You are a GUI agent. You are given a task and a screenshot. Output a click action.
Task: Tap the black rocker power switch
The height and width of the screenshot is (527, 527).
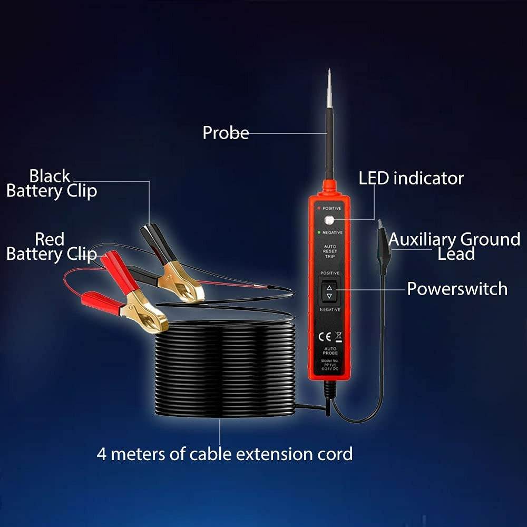pos(329,291)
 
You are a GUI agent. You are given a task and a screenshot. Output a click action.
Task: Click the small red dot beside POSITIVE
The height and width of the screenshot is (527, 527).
pos(318,208)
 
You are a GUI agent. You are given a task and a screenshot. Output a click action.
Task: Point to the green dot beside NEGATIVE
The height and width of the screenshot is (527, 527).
pos(318,232)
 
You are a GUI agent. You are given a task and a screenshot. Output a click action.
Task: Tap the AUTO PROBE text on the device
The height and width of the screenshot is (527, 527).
pos(330,351)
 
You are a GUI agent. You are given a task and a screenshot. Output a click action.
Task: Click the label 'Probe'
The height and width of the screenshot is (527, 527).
pos(226,133)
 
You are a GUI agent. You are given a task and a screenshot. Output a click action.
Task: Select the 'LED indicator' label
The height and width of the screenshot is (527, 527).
pos(411,178)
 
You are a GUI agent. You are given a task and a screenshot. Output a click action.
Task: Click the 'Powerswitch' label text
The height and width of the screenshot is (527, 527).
pos(457,289)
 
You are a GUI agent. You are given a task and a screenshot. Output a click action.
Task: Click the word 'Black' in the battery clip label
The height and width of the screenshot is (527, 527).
pos(50,175)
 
